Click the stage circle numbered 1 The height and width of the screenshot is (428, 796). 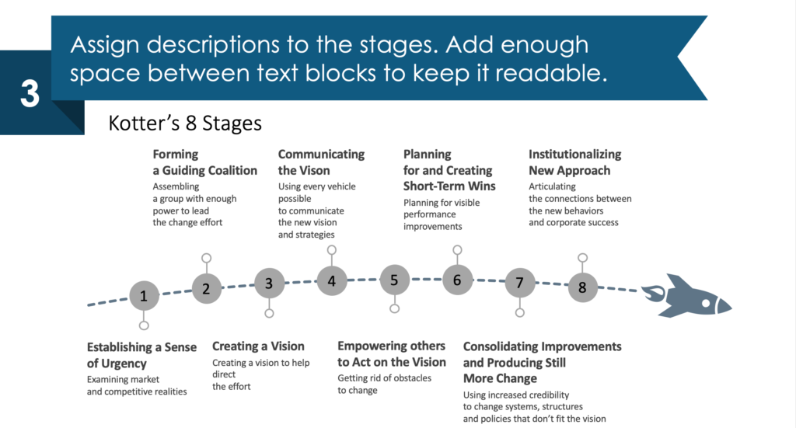click(144, 296)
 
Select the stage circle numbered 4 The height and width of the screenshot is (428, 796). click(331, 280)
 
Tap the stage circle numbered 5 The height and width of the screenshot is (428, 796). click(394, 280)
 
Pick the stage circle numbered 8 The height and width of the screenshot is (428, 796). click(582, 287)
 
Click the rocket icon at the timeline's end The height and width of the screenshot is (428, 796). click(688, 297)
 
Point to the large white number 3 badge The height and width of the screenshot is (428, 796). click(30, 93)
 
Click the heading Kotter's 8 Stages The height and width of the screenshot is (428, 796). click(185, 124)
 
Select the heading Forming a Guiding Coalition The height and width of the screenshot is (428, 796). click(204, 162)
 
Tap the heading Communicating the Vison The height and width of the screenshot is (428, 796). click(321, 162)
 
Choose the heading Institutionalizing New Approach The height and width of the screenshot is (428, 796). click(574, 162)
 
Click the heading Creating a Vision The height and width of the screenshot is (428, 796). click(258, 346)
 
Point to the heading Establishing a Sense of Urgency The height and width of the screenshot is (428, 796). click(141, 355)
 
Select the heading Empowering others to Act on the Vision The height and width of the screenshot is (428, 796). click(392, 354)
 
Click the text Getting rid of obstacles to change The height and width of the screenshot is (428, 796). click(384, 384)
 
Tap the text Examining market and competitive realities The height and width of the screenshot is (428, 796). click(137, 385)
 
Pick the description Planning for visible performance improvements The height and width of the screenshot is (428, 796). click(442, 214)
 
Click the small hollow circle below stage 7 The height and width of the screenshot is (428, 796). click(519, 313)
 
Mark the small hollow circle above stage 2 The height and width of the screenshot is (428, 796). click(206, 258)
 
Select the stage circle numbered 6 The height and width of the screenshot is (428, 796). click(457, 280)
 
